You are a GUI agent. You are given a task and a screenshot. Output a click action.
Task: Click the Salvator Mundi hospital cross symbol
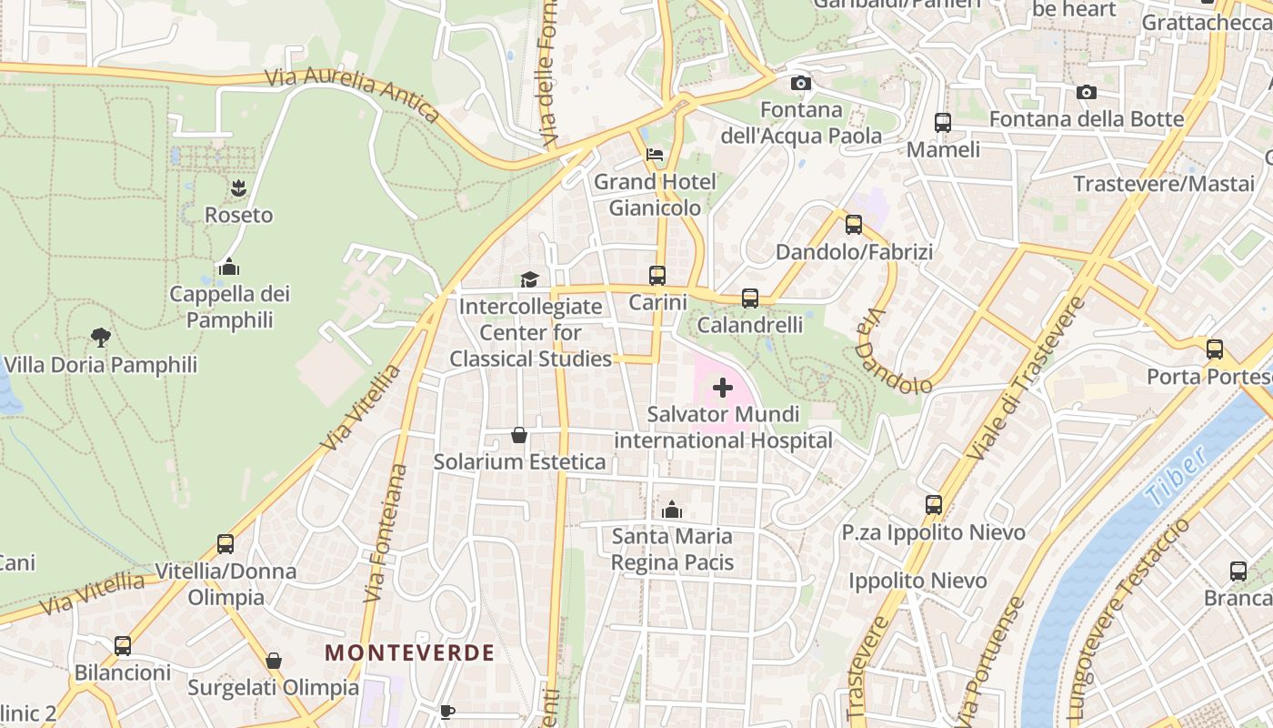coord(723,389)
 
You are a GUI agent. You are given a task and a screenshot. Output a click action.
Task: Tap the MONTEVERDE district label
coord(410,652)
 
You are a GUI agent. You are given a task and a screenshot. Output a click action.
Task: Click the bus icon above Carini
coord(657,275)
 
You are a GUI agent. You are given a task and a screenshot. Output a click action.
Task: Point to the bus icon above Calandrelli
coord(750,298)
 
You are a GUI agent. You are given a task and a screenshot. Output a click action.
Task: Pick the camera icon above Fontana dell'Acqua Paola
coord(801,84)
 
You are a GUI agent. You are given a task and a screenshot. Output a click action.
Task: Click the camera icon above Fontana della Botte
coord(1086,92)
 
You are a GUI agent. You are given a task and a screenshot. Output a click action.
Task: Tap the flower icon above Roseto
coord(238,188)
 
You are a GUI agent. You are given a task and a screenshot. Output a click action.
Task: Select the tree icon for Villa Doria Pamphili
coord(101,338)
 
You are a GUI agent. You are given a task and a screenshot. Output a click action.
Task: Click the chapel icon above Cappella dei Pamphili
coord(229,267)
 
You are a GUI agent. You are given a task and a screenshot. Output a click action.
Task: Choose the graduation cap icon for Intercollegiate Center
coord(529,279)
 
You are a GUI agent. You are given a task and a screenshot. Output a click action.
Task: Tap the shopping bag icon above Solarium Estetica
coord(519,435)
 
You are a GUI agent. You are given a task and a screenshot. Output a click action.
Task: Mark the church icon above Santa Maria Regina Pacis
coord(672,510)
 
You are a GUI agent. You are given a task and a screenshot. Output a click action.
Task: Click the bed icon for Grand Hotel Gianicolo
coord(655,155)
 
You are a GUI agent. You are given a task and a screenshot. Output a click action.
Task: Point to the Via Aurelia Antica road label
coord(353,94)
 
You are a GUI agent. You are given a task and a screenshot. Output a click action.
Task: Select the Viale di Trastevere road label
coord(1028,378)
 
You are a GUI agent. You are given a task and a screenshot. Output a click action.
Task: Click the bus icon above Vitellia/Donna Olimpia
coord(226,544)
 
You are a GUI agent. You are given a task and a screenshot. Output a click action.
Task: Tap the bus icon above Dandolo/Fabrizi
coord(854,225)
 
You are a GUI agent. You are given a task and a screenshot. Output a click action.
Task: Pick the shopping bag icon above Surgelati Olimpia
coord(274,661)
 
